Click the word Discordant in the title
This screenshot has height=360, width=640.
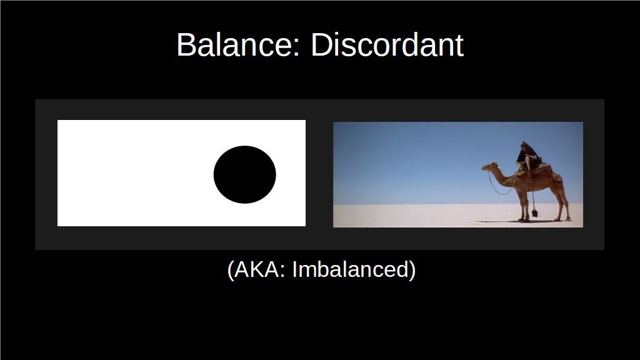coord(387,44)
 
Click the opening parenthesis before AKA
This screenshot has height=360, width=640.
coord(231,270)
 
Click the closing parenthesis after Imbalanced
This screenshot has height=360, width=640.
coord(412,270)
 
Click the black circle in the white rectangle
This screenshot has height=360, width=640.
coord(244,175)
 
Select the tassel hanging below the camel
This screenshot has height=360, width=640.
coord(534,212)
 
